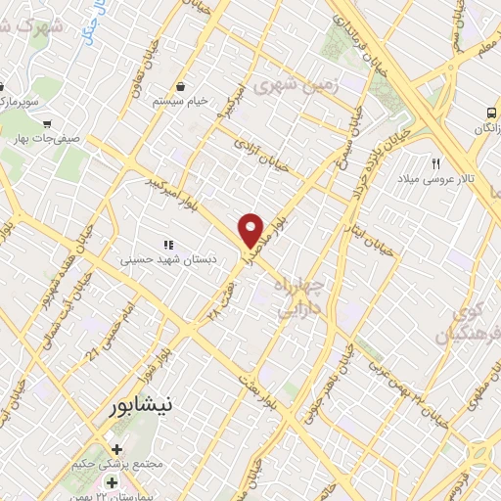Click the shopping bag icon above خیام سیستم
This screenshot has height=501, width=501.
click(181, 85)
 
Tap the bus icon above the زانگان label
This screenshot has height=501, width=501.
click(491, 113)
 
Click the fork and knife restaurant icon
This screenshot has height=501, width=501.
click(436, 163)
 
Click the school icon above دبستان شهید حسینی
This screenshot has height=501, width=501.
click(167, 244)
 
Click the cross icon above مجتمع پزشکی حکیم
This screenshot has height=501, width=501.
click(116, 449)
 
